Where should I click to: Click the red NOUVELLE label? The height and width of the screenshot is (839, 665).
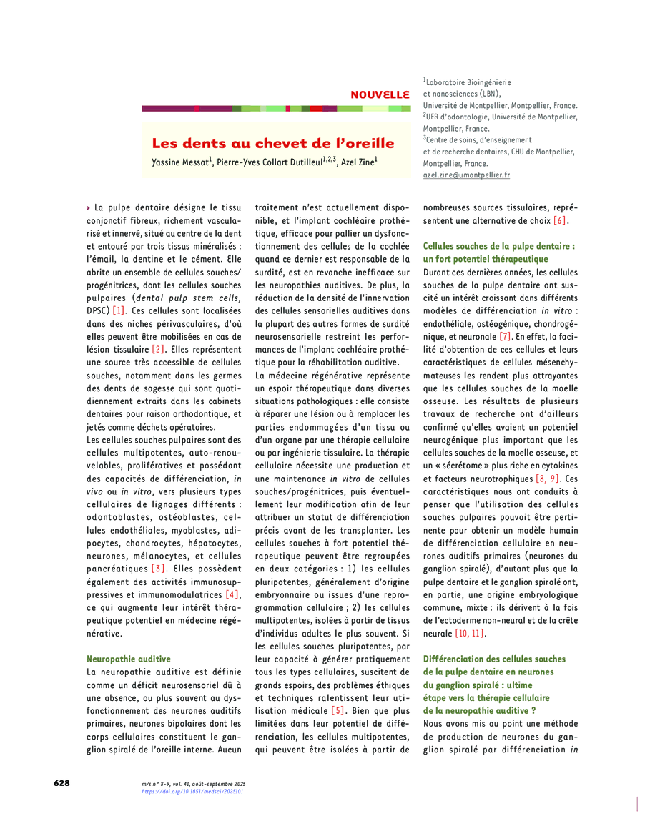click(379, 94)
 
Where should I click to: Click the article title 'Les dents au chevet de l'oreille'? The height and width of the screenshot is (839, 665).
click(272, 143)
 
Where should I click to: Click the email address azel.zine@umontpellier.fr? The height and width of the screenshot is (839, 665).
click(466, 175)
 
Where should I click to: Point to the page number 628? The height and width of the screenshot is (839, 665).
click(62, 783)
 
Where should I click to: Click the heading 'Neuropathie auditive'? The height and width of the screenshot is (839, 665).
click(129, 658)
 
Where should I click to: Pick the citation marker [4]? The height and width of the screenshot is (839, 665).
click(232, 594)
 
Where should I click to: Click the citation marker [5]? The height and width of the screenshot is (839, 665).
click(338, 711)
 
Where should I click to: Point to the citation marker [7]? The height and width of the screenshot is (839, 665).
click(505, 336)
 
